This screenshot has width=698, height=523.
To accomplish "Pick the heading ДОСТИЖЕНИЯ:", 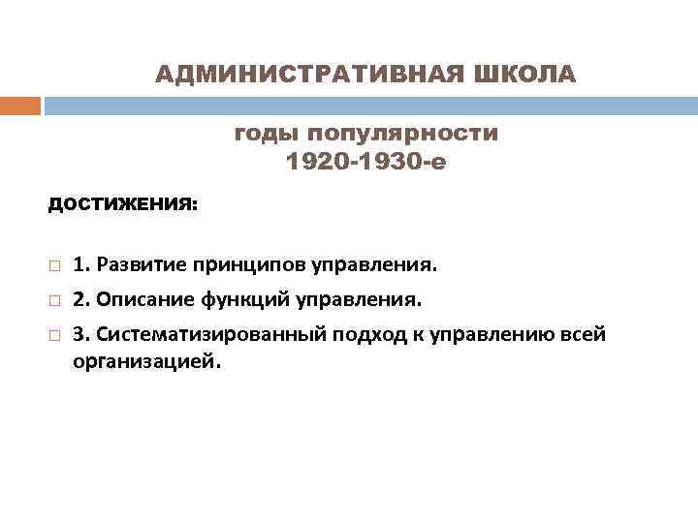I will click(x=122, y=205).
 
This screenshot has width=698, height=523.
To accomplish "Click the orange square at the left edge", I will click(x=19, y=106).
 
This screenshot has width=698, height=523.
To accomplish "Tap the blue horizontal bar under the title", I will click(x=369, y=106).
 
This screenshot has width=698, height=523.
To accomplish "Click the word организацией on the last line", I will click(x=146, y=361).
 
